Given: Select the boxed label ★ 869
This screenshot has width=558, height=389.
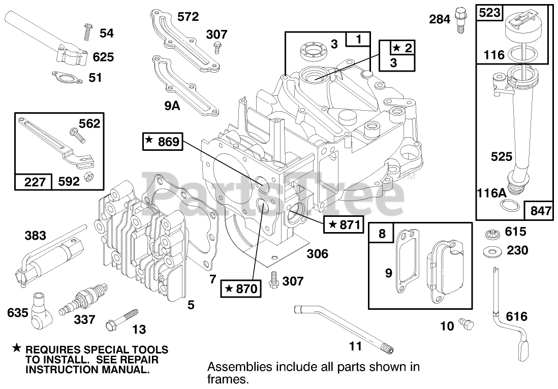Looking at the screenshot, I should (x=162, y=142).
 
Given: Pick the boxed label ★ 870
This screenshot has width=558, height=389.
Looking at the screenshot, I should (x=240, y=288).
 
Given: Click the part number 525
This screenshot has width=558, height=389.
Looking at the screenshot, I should (x=502, y=157).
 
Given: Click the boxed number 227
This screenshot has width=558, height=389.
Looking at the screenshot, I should (x=34, y=181).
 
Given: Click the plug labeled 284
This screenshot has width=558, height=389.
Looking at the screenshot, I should (x=461, y=19).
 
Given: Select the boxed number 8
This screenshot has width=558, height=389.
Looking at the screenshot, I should (x=382, y=234).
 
